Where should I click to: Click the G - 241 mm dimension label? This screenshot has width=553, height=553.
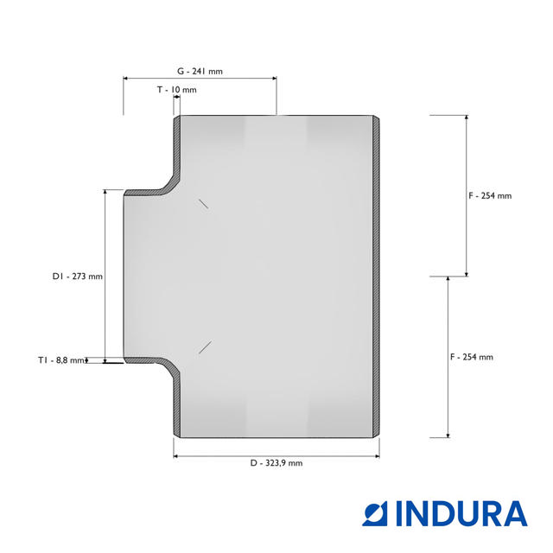click(200, 71)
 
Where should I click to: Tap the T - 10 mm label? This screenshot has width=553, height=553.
click(176, 90)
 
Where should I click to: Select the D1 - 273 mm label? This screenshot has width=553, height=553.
click(78, 276)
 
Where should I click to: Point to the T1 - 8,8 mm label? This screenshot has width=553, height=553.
click(61, 360)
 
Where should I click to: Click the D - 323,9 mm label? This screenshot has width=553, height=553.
click(276, 463)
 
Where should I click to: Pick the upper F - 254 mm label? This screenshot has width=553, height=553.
click(490, 196)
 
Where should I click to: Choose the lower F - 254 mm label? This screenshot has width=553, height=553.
click(472, 357)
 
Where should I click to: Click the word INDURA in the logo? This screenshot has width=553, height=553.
click(461, 514)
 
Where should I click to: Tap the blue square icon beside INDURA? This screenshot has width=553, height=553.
click(374, 514)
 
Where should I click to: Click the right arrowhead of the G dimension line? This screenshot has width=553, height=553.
click(275, 79)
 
